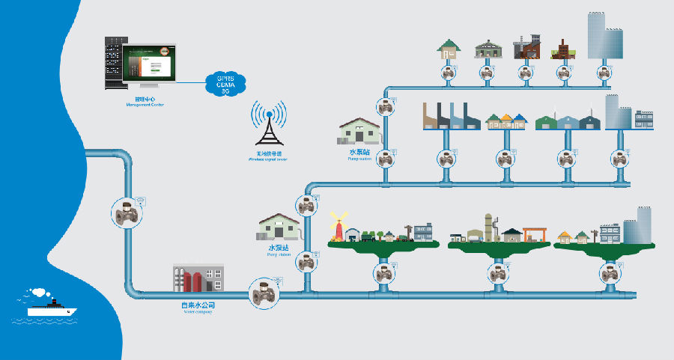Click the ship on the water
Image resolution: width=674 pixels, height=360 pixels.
47,305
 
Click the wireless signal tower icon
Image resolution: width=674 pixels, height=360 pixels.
268,125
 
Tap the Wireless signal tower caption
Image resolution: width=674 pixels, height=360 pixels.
267,156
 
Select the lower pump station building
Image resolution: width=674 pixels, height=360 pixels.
280,228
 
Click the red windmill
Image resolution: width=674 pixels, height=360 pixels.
338,225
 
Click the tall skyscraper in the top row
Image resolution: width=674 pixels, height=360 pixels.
606,37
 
